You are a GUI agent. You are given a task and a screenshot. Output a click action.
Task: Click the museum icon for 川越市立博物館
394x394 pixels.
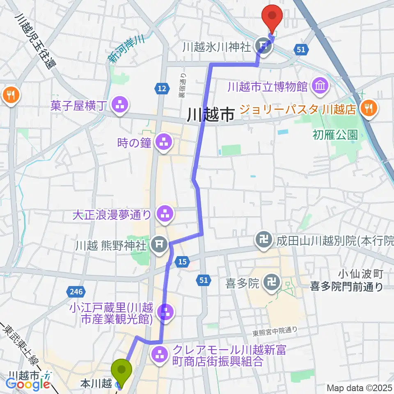click(319, 86)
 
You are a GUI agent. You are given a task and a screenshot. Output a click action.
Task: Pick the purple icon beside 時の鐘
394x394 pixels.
click(163, 143)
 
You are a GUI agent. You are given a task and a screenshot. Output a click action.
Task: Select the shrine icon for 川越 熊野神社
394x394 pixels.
click(158, 245)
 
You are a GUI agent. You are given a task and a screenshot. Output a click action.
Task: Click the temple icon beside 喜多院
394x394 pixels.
click(271, 283)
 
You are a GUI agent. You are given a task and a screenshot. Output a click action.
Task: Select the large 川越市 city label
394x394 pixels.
click(210, 115)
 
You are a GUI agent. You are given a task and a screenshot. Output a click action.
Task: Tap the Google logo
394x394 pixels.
click(28, 384)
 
